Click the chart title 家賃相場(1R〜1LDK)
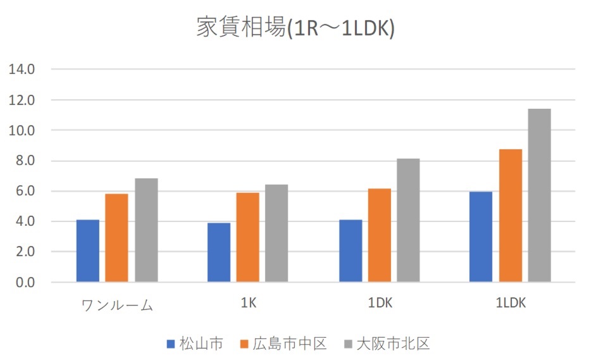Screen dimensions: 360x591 tap(295, 28)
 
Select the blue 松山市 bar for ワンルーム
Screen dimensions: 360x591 tap(88, 251)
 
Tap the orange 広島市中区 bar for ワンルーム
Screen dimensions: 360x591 tap(116, 238)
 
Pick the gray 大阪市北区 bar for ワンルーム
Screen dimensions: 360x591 tap(146, 230)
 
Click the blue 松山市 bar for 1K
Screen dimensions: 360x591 tap(219, 252)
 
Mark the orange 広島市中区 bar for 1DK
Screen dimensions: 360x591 tap(380, 235)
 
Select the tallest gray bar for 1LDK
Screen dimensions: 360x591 tap(540, 196)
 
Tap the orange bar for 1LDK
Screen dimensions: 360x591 tap(511, 216)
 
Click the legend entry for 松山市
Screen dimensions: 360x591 tap(195, 344)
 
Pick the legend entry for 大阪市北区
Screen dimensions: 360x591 tap(387, 344)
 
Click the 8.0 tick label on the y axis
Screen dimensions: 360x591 tap(24, 161)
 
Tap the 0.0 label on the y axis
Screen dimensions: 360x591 tap(24, 282)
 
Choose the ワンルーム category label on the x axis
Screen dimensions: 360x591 tap(118, 305)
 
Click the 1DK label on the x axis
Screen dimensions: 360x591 tap(380, 304)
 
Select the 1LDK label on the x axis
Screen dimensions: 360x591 tap(511, 304)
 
